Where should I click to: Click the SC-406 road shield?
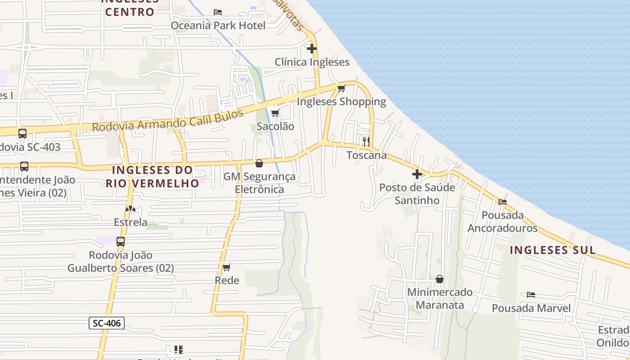click(x=106, y=323)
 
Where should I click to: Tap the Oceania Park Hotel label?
click(x=218, y=25)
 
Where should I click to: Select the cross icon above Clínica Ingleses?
click(x=311, y=48)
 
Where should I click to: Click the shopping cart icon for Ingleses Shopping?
click(x=342, y=88)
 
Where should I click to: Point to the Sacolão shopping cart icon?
click(x=275, y=113)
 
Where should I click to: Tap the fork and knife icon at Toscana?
click(x=366, y=142)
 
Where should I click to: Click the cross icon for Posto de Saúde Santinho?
click(x=417, y=174)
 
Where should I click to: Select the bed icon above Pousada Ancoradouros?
click(x=502, y=202)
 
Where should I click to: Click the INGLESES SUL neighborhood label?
click(x=553, y=250)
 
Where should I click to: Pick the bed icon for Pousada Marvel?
click(x=531, y=295)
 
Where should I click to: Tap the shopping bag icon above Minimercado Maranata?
click(x=440, y=279)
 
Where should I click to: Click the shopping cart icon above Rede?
click(x=227, y=267)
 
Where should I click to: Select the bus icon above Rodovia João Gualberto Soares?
click(x=121, y=241)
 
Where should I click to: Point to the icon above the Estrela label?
click(x=130, y=209)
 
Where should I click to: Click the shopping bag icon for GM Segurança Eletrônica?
click(x=259, y=163)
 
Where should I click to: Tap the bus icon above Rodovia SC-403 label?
click(x=22, y=133)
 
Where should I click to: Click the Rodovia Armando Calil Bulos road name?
click(x=167, y=120)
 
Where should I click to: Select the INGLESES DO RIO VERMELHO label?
click(x=153, y=176)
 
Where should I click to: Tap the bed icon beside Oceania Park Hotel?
click(x=218, y=12)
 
